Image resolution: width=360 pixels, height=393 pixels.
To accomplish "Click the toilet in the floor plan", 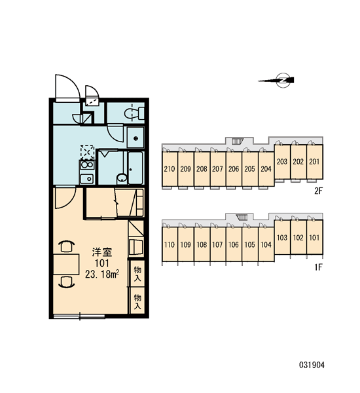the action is [x=134, y=113].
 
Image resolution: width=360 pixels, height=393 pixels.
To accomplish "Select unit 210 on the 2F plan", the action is [x=170, y=169].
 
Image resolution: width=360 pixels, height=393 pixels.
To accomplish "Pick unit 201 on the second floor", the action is [x=315, y=162].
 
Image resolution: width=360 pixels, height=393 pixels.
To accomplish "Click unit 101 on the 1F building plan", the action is [x=315, y=237].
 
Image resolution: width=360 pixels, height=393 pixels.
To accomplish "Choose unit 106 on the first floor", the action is [x=234, y=244].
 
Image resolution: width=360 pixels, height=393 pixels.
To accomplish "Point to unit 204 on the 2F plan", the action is [x=266, y=169].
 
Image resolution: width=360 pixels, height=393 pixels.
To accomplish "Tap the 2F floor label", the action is [x=318, y=191].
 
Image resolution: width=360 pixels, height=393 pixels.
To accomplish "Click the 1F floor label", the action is [x=318, y=267].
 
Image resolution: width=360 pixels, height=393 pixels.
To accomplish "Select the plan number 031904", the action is [x=312, y=365].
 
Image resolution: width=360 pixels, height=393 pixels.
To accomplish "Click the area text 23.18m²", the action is [x=101, y=274].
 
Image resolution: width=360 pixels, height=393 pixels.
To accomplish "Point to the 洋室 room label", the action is [x=101, y=252].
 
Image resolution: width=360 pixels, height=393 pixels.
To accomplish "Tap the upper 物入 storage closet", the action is [x=137, y=274].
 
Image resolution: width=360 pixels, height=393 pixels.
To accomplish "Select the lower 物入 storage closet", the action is [x=137, y=301].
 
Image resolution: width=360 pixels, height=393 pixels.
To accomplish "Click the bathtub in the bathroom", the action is [x=135, y=168].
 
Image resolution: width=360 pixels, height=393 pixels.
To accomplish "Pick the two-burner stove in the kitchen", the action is [x=86, y=165].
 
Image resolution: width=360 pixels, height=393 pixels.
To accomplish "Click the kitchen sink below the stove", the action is [x=86, y=179].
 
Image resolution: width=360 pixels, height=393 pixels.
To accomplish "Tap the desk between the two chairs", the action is [x=66, y=264].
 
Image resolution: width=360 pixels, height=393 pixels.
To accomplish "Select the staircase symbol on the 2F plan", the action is [x=238, y=141].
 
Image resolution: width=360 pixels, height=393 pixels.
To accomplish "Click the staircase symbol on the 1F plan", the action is [x=242, y=217].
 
